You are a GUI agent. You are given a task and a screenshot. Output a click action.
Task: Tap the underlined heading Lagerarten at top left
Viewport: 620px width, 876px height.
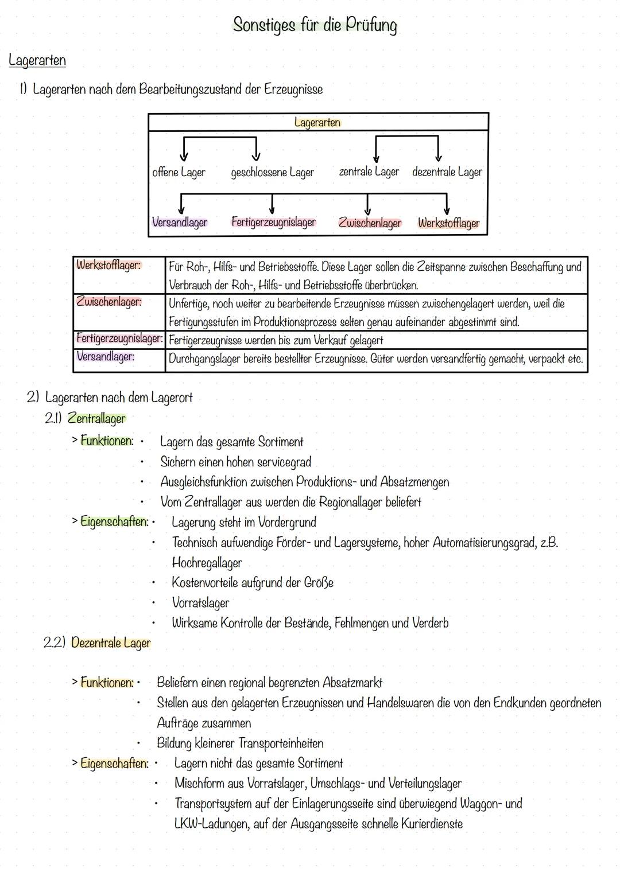tap(37, 60)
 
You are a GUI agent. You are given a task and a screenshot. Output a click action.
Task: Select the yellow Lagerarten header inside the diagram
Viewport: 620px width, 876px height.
tap(317, 122)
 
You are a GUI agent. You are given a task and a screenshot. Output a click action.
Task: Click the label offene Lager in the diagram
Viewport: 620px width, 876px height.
tap(179, 172)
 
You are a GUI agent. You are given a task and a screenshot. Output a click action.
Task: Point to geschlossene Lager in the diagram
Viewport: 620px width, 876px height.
tap(272, 172)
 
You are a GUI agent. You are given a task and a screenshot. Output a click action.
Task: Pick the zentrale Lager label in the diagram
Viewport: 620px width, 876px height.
tap(369, 172)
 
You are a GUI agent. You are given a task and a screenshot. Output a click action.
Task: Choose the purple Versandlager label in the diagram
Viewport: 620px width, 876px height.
tap(180, 223)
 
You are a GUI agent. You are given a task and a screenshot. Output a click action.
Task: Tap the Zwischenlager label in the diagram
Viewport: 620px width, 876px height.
tap(370, 223)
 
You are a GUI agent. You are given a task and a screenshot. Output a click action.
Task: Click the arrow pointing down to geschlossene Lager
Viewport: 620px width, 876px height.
tap(256, 151)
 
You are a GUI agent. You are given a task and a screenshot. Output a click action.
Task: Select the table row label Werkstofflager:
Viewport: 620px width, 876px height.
tap(108, 265)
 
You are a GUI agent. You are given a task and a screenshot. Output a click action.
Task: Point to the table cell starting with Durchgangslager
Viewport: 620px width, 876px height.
tap(375, 359)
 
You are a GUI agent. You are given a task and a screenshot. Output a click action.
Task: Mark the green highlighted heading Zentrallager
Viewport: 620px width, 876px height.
tap(96, 419)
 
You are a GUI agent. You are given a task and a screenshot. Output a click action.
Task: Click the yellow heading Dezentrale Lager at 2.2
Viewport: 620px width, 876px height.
tap(111, 643)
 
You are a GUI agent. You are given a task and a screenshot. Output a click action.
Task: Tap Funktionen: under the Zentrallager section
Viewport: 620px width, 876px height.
tap(107, 441)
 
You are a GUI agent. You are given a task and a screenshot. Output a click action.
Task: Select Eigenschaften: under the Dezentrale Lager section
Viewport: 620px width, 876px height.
tap(114, 763)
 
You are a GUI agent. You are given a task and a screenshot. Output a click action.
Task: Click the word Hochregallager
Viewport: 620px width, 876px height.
tap(207, 563)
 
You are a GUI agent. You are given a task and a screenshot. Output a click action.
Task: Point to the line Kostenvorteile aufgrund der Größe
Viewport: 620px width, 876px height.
tap(253, 583)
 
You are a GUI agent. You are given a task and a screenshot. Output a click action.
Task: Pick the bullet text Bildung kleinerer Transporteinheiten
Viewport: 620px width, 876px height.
tap(240, 743)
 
